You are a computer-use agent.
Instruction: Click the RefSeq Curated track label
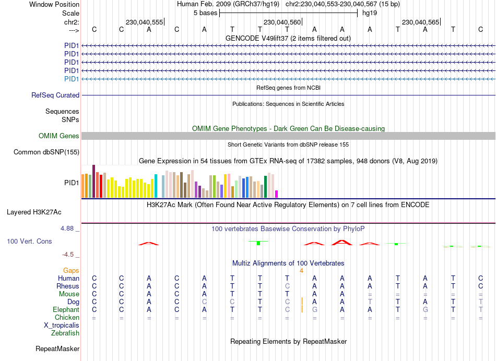tap(55, 95)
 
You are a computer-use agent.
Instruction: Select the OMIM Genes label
tap(59, 136)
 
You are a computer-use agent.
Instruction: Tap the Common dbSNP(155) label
tap(46, 152)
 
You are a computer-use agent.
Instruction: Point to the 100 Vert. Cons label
tap(29, 242)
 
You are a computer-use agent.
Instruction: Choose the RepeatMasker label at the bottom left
tap(57, 348)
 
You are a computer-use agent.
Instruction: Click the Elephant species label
tap(65, 310)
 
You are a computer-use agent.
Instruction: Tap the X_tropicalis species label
tap(62, 325)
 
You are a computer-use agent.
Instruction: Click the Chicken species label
tap(67, 317)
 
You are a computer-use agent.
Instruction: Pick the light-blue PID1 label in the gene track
tap(72, 79)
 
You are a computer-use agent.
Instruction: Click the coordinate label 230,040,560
tap(282, 22)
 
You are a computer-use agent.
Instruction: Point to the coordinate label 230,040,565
tap(420, 22)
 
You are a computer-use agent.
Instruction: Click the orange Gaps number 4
tap(301, 271)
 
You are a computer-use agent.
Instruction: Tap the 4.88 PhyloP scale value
tap(68, 228)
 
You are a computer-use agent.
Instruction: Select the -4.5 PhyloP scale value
tap(68, 255)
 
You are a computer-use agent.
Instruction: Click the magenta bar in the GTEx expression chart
tap(277, 194)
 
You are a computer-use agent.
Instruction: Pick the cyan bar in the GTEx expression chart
tap(156, 186)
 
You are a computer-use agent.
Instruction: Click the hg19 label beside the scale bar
tap(370, 13)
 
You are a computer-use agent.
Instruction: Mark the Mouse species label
tap(69, 294)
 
